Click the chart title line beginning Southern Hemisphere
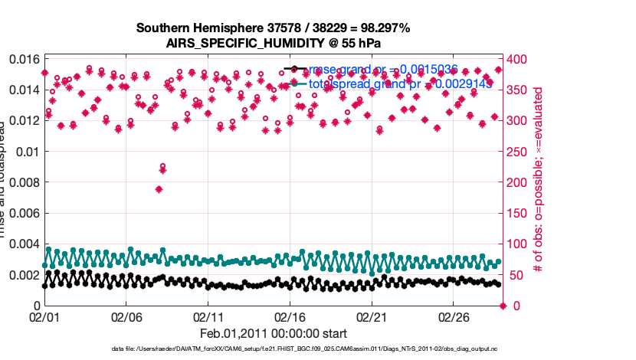click(x=273, y=28)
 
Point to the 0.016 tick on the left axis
click(x=22, y=59)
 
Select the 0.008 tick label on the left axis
click(x=22, y=182)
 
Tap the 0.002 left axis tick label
click(x=22, y=275)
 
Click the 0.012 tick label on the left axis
click(x=22, y=120)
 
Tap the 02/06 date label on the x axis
click(x=126, y=316)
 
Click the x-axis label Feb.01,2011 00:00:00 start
click(x=274, y=334)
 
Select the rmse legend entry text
click(x=383, y=70)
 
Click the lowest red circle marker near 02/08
click(x=162, y=166)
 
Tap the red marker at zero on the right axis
click(x=503, y=306)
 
